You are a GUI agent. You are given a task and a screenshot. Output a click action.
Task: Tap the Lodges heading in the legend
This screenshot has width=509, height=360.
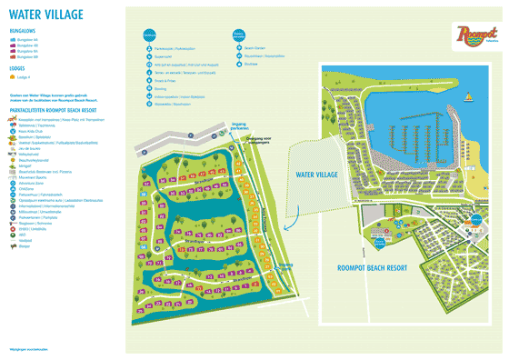(x=18, y=68)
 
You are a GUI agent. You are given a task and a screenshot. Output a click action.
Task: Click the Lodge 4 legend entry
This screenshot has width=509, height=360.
(x=27, y=79)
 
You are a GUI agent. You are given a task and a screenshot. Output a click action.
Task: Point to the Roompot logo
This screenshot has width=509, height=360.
(x=472, y=34)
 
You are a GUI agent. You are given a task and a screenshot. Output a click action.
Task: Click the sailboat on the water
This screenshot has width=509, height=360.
(x=468, y=96)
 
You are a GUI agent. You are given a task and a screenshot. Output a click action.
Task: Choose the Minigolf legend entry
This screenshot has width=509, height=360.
(x=28, y=169)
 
